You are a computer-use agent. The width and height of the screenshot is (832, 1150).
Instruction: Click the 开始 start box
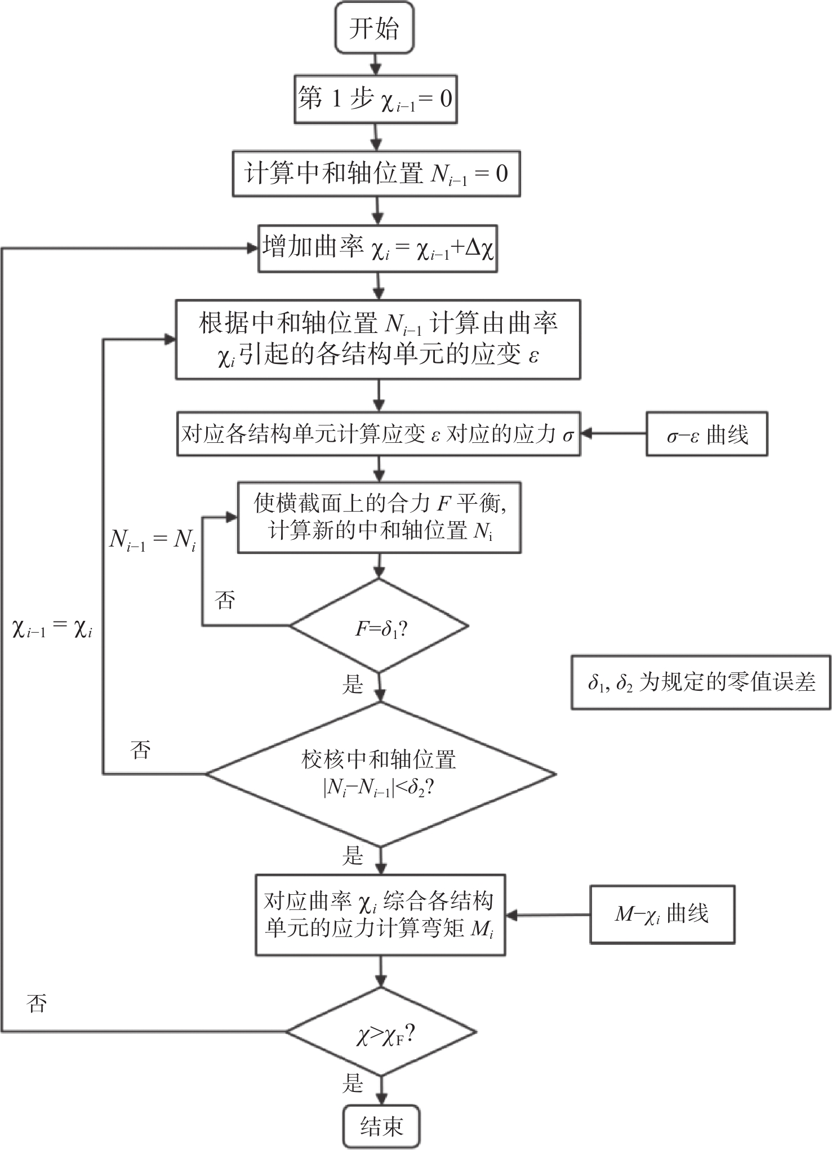[x=375, y=28]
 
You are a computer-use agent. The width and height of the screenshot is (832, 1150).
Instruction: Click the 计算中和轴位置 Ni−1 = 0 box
[x=376, y=173]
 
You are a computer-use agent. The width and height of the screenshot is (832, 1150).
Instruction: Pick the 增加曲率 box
[x=377, y=248]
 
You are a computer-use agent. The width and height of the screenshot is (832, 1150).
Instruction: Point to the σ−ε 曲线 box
[x=706, y=434]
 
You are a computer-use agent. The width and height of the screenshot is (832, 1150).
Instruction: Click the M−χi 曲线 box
[x=662, y=914]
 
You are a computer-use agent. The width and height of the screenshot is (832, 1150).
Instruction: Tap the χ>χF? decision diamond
[x=381, y=1031]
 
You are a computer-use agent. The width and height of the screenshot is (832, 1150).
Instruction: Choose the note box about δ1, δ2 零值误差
[x=701, y=682]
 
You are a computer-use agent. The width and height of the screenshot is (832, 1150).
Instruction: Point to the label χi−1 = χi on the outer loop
[x=52, y=628]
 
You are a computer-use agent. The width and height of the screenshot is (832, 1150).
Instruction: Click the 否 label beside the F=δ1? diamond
[x=225, y=600]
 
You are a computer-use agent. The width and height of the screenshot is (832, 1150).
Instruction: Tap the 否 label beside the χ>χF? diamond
[x=37, y=1003]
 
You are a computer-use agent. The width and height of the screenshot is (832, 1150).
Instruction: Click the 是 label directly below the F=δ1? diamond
[x=353, y=684]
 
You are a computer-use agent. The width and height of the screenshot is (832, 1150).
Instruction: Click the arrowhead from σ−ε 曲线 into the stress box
[x=586, y=434]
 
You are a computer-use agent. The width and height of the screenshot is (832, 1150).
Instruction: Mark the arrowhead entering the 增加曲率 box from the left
[x=253, y=248]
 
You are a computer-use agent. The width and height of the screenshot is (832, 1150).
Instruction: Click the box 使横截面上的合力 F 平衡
[x=379, y=517]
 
